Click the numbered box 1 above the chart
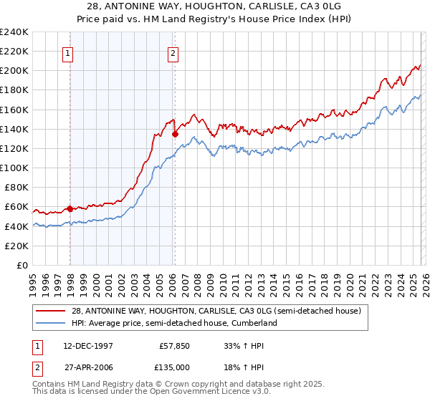tap(67, 52)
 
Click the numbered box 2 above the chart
tap(173, 52)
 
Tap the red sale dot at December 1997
tap(70, 209)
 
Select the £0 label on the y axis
tap(21, 265)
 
